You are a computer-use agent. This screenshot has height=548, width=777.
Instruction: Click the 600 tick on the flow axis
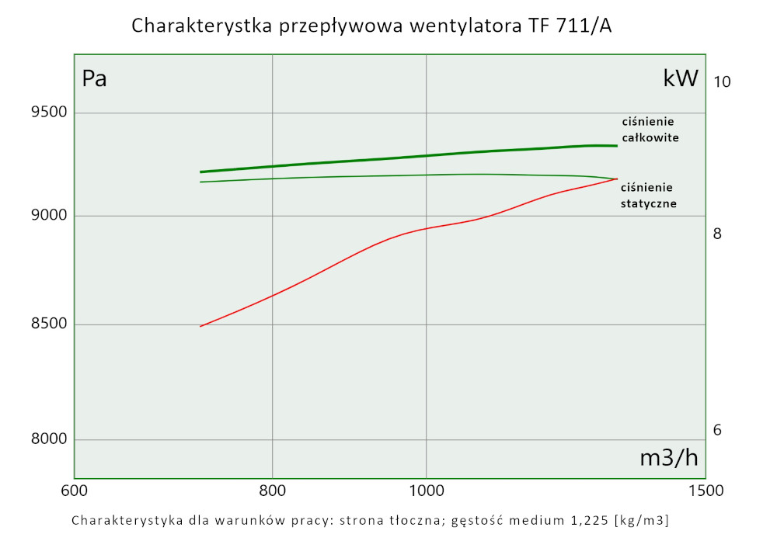coord(74,491)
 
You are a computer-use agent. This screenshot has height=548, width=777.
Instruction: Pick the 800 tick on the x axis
coord(273,491)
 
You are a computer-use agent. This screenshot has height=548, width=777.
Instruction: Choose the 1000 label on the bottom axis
coord(426,491)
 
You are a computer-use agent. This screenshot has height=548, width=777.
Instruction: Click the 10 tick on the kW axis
coord(723,82)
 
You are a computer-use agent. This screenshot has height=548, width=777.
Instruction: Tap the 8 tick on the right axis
coord(718,234)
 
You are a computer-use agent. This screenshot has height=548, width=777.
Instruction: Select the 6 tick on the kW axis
coord(718,430)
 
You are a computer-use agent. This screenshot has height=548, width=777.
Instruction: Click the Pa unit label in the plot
coord(94,79)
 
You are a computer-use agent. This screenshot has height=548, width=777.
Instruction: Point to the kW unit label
coord(681,78)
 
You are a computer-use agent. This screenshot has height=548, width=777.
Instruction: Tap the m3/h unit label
coord(668,458)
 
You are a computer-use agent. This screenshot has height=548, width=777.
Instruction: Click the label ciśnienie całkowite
coord(650,130)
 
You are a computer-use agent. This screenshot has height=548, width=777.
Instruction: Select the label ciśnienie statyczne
coord(648,196)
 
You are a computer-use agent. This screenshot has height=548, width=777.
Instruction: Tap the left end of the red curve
coord(200,326)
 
